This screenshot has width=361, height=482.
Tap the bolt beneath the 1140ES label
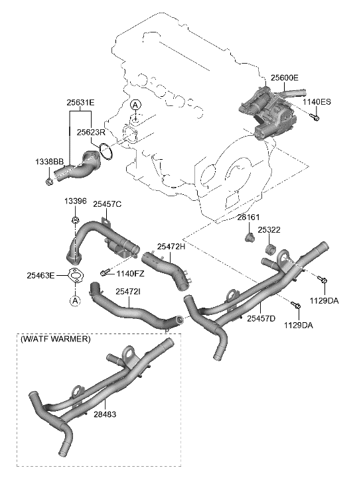pyautogui.click(x=315, y=118)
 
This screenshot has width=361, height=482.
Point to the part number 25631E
pyautogui.click(x=80, y=103)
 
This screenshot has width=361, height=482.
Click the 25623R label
pyautogui.click(x=92, y=132)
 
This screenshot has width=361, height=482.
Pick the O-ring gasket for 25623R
pyautogui.click(x=108, y=151)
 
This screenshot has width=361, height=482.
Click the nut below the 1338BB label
pyautogui.click(x=51, y=180)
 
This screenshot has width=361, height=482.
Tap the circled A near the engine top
pyautogui.click(x=135, y=105)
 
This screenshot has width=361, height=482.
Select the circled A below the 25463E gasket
pyautogui.click(x=75, y=301)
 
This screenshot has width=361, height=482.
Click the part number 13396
pyautogui.click(x=75, y=202)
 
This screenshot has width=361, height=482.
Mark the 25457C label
pyautogui.click(x=107, y=205)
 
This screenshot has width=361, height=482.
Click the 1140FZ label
pyautogui.click(x=129, y=273)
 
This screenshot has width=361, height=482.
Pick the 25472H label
pyautogui.click(x=171, y=246)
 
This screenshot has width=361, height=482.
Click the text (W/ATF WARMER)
pyautogui.click(x=58, y=339)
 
